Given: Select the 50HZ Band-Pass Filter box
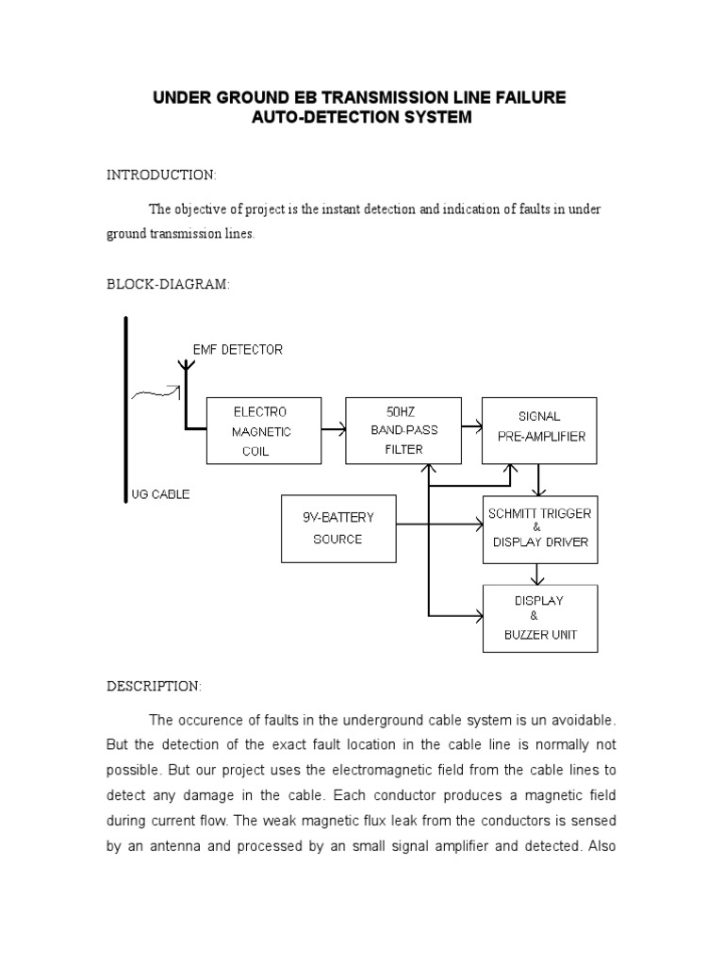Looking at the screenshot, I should [x=403, y=431].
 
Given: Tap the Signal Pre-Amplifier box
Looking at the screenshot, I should [x=539, y=431].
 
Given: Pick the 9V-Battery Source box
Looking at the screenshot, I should [x=337, y=528].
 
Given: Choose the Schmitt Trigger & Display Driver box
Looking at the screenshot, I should [x=539, y=528].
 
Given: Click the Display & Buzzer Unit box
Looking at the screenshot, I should [x=539, y=618].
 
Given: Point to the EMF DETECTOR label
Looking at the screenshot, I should [x=237, y=349].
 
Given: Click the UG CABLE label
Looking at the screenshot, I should [x=160, y=494].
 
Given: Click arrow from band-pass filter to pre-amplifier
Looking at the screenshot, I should [x=471, y=430].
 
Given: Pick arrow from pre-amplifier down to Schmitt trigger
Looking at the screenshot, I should [x=538, y=480].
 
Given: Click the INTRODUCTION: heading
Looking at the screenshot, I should [x=161, y=175].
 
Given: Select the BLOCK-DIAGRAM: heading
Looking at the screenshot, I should [x=168, y=285].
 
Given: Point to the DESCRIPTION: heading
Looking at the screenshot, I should [x=154, y=686].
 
